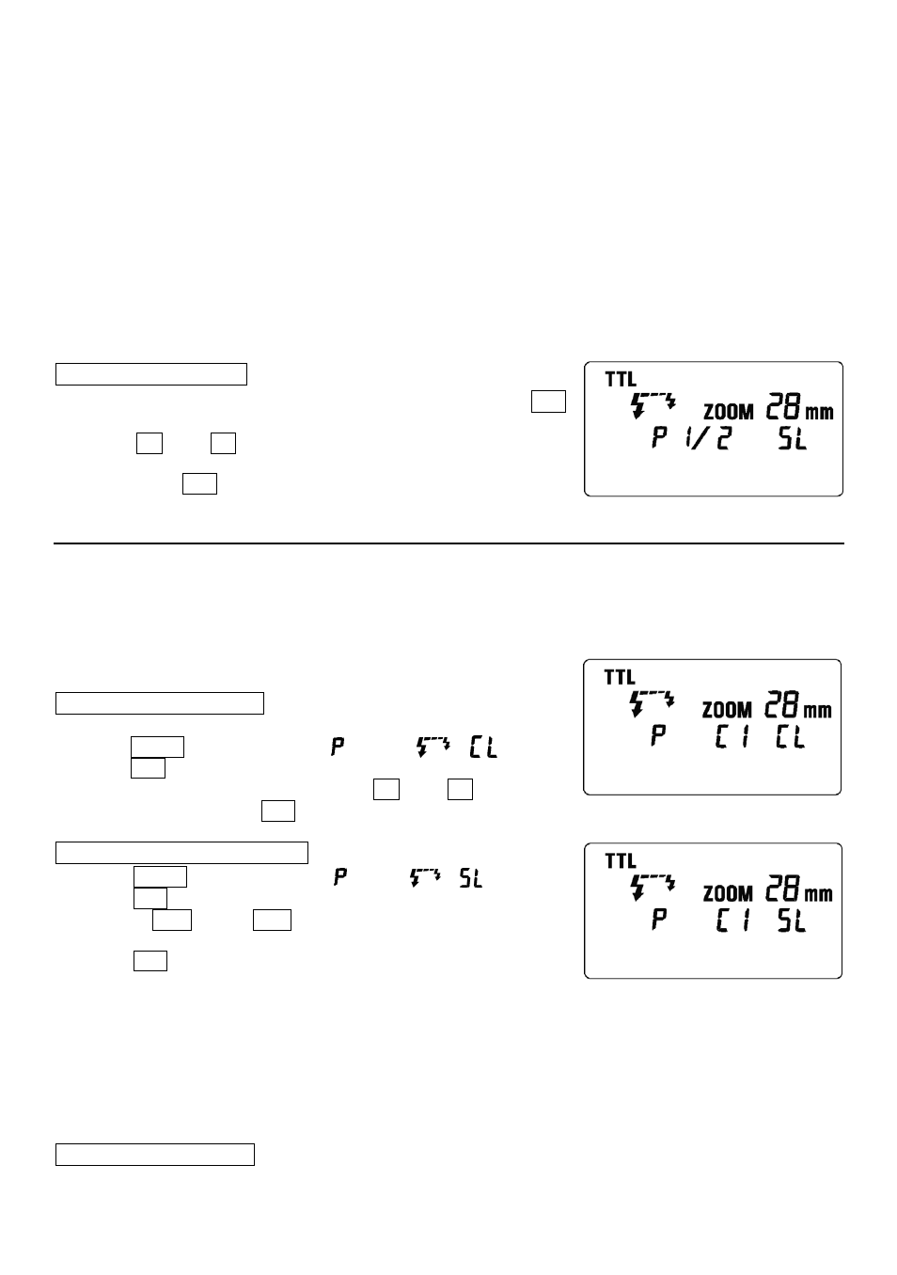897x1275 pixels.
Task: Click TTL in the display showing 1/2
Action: (621, 379)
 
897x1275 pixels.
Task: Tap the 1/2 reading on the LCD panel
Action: (708, 438)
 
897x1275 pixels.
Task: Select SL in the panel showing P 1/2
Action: (793, 438)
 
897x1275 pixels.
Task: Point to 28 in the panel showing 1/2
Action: (783, 406)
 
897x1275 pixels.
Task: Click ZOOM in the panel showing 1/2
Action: (729, 412)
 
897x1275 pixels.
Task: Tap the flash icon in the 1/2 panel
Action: (653, 404)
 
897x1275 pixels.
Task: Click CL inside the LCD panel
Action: (790, 737)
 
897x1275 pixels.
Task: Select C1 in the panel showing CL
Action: (732, 737)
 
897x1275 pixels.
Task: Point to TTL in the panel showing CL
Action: (620, 677)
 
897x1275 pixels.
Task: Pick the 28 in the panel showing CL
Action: (782, 704)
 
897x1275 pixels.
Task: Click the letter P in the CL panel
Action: (658, 735)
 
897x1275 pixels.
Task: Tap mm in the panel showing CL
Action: (817, 710)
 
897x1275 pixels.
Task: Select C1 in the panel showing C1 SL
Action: (732, 921)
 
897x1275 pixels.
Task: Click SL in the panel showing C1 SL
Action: (792, 921)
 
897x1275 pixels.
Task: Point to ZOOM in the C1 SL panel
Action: (728, 893)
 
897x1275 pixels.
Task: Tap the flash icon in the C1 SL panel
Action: (653, 888)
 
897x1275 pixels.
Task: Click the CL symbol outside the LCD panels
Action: (483, 748)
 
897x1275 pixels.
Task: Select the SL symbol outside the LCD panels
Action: (471, 878)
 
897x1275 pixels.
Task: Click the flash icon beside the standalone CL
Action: (433, 747)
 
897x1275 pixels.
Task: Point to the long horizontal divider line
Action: (448, 543)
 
